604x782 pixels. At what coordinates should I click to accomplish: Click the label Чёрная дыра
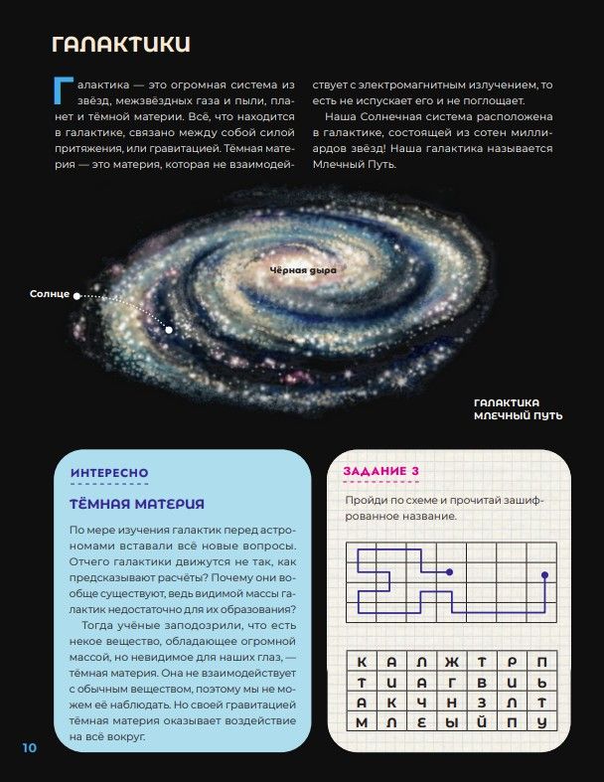tap(304, 270)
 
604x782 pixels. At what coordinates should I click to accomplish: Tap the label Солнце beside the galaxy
tap(50, 294)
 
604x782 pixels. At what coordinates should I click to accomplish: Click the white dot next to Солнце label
tap(76, 295)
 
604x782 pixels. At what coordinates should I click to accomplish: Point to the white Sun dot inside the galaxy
tap(169, 329)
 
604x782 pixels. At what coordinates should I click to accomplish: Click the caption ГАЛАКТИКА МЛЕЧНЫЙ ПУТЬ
tap(519, 409)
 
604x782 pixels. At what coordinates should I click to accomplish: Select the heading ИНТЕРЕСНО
tap(109, 473)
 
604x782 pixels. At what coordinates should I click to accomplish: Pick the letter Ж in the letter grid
tap(452, 662)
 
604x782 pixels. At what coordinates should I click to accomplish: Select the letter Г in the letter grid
tap(452, 683)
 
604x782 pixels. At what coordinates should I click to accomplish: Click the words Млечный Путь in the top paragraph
tap(355, 164)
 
